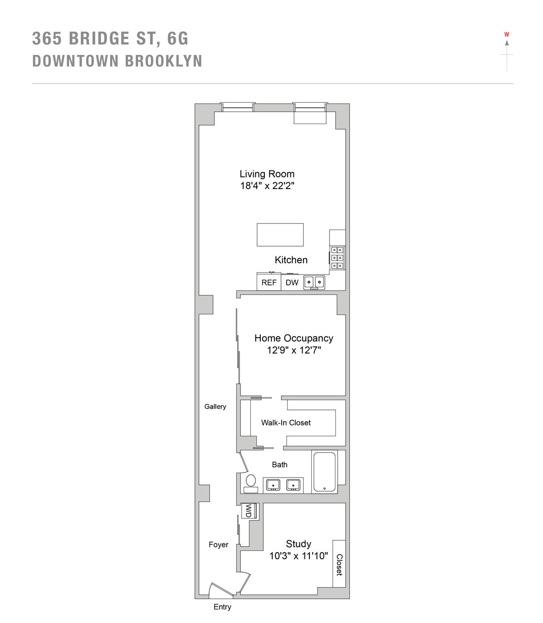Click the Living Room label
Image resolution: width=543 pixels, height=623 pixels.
pos(267,174)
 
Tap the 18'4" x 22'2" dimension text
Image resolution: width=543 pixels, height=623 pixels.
pos(267,185)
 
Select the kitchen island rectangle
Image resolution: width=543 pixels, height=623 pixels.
pos(280,234)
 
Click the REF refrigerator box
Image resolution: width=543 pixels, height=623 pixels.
pos(269,282)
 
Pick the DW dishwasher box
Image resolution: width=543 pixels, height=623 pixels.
pos(292,282)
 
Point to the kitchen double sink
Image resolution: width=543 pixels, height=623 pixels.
pos(314,282)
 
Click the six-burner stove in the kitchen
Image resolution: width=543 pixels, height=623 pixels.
pos(337,257)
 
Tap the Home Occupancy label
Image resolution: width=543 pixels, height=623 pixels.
pos(294,338)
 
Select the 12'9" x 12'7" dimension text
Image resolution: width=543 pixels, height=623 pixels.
pos(294,350)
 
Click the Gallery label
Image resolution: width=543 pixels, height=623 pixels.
pos(215,407)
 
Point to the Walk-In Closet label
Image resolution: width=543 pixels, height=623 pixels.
pos(286,423)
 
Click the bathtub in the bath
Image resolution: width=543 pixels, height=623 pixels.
pos(324,472)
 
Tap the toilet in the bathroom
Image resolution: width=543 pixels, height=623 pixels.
pos(250,483)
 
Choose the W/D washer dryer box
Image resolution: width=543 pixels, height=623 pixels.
pos(249,511)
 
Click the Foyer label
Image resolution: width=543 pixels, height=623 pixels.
pos(219,544)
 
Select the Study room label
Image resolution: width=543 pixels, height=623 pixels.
pos(298,544)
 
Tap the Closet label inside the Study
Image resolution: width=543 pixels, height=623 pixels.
pos(339,564)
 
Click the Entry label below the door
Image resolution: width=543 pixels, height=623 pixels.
pos(222,607)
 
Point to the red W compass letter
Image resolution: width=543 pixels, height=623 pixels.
pos(507,35)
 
